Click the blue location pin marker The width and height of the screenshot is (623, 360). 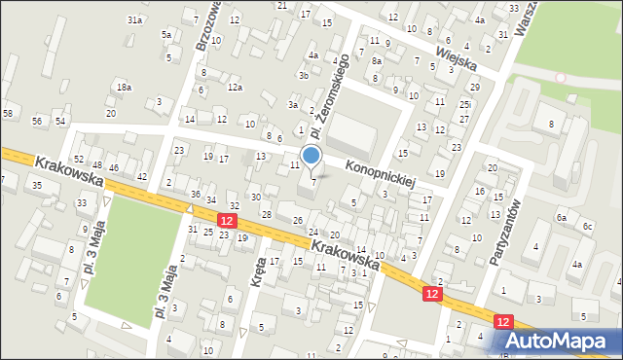point(311,157)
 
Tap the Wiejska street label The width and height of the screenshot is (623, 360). point(456,57)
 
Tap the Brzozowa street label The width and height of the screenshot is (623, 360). point(209,24)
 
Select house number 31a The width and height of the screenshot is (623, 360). point(135,19)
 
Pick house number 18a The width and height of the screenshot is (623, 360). point(124,88)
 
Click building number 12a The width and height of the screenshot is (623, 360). point(235,88)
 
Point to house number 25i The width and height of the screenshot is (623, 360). point(465,104)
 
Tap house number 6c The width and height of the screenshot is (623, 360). point(587,226)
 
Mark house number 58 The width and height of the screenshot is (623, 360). point(7,115)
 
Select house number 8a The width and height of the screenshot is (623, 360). point(377,60)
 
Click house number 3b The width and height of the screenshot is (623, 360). point(304,75)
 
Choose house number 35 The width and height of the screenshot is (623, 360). point(37,185)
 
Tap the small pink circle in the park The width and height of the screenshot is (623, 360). point(560,78)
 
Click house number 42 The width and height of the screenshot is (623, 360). point(142,176)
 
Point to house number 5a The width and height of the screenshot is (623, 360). point(166,35)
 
